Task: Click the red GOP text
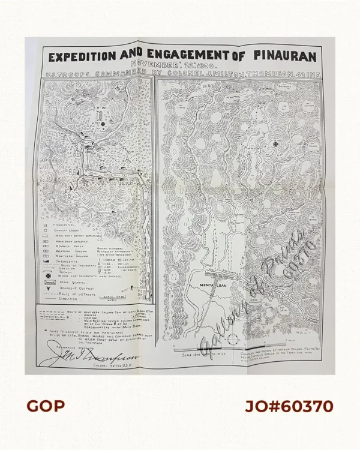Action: tap(46, 406)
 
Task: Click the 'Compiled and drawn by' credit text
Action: tap(281, 355)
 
